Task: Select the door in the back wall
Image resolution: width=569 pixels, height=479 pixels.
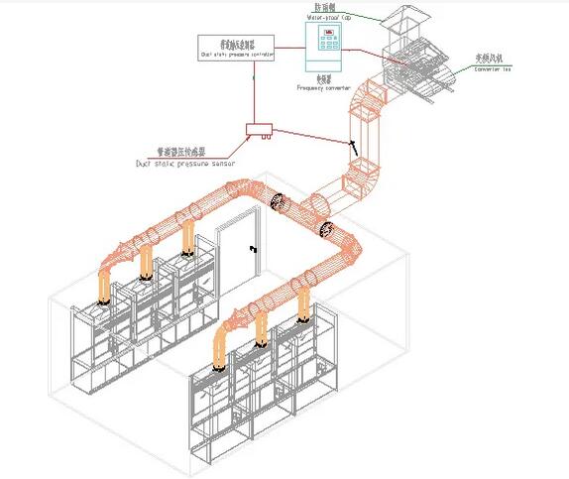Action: pyautogui.click(x=239, y=249)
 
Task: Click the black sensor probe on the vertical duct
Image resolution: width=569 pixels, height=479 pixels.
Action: pyautogui.click(x=351, y=146)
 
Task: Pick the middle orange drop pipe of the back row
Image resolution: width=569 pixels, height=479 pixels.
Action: pyautogui.click(x=147, y=260)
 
